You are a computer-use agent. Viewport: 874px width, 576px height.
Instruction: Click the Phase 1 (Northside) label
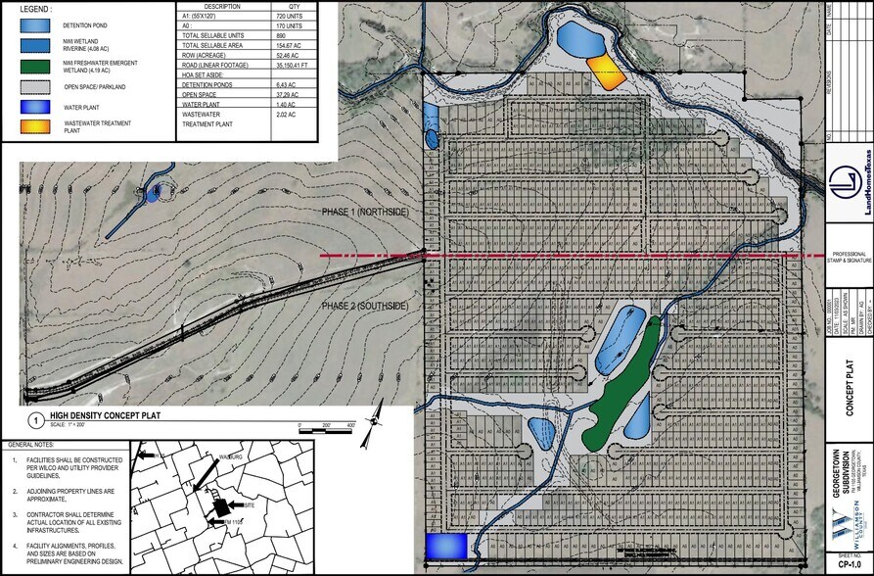[x=365, y=213]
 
